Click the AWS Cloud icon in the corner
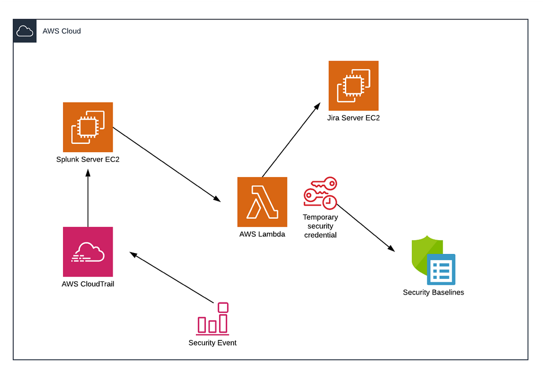click(24, 31)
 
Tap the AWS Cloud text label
click(62, 31)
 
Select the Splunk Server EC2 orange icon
click(88, 127)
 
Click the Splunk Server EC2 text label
click(88, 159)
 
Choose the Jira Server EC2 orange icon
click(353, 86)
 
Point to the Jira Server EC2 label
click(353, 118)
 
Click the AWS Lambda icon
click(262, 202)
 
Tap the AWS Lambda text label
click(262, 234)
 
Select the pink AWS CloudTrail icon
click(88, 252)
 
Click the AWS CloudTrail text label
click(88, 284)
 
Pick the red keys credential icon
click(320, 193)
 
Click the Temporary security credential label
click(320, 226)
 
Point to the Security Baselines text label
click(433, 292)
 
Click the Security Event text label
click(212, 343)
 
